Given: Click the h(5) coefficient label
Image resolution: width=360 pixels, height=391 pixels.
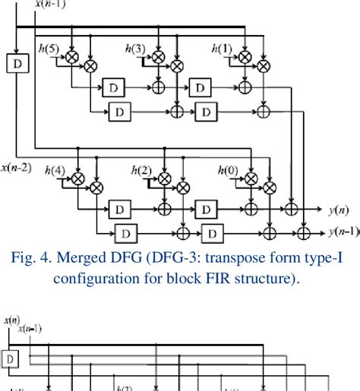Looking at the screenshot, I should point(52,49).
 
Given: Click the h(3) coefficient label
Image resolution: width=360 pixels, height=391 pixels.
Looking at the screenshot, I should point(138,49).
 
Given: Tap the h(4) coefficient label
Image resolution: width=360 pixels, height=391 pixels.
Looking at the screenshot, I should point(55,171).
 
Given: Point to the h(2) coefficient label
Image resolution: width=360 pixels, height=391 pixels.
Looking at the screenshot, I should point(140,171).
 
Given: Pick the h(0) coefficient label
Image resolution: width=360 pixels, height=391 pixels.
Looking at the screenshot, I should point(227,171).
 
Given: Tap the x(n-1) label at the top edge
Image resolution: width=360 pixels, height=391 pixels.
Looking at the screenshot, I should point(50,5).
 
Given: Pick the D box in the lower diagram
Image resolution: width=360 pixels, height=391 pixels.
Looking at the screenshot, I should point(11,358).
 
